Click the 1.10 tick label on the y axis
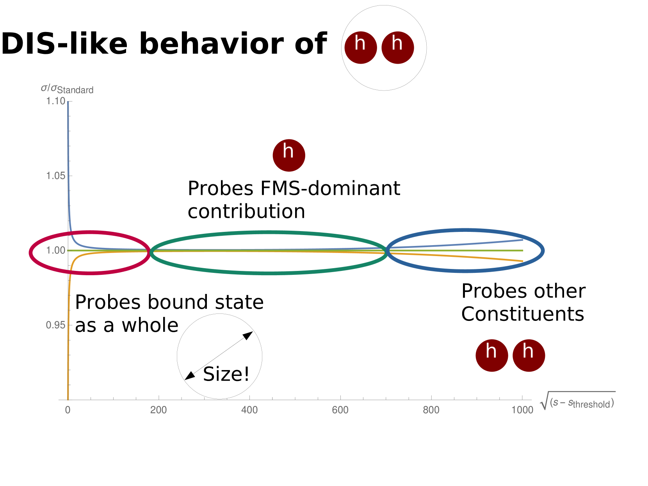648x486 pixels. tap(55, 101)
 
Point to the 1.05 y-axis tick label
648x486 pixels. tap(55, 176)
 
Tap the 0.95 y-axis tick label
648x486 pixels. tap(55, 325)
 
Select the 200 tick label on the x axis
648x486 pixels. tap(158, 410)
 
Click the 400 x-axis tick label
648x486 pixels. tap(249, 410)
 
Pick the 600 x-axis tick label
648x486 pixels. tap(340, 410)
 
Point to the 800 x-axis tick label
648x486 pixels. tap(431, 410)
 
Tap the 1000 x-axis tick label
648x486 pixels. tap(522, 410)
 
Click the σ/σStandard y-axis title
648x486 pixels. tap(67, 89)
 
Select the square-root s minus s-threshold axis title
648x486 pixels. tap(578, 401)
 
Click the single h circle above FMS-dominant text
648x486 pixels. tap(289, 155)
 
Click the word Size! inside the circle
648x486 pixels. tap(226, 374)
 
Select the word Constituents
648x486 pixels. tap(523, 314)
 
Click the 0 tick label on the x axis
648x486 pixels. tap(68, 410)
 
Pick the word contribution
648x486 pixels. tap(246, 211)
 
